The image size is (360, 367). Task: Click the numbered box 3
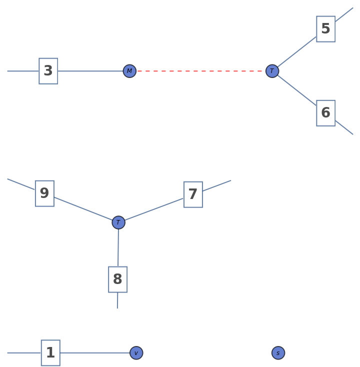(48, 71)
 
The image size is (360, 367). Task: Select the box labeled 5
(325, 29)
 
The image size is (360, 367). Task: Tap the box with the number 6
(325, 113)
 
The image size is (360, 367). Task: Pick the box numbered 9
(44, 193)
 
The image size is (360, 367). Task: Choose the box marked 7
(193, 194)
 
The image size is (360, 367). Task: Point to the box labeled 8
(117, 279)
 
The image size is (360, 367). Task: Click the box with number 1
(50, 353)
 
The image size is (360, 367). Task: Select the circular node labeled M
(129, 71)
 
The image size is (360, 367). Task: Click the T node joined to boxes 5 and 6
(272, 71)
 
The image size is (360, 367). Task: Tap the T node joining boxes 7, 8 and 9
(118, 222)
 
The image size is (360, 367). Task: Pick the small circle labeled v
(136, 353)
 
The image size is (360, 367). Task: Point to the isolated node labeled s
(278, 353)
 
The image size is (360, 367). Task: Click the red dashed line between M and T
(200, 71)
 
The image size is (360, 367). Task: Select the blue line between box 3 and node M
(90, 71)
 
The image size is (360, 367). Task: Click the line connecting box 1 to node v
(95, 353)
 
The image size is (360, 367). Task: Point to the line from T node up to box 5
(296, 52)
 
